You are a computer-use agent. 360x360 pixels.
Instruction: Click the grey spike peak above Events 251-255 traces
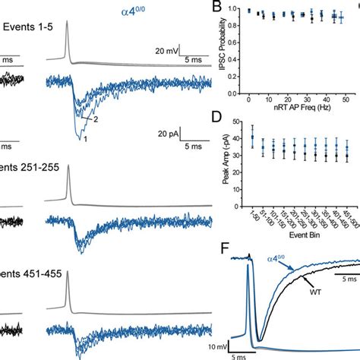(68, 182)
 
